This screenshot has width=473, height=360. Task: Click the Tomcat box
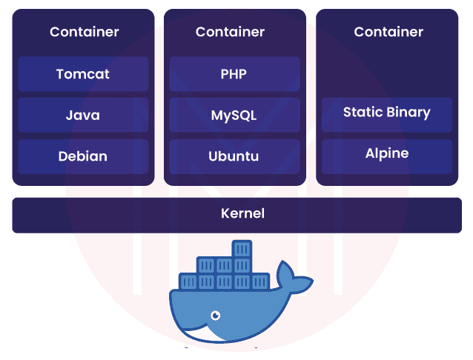(x=83, y=74)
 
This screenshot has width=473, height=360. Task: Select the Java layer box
(x=83, y=116)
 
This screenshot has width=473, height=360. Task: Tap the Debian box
(x=83, y=156)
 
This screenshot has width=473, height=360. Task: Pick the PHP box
(x=234, y=74)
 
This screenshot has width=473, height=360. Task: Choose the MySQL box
(x=234, y=116)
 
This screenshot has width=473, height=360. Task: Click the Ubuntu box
(x=234, y=156)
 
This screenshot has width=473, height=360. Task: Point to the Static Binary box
(x=386, y=113)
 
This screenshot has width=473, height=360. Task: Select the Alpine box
(x=386, y=154)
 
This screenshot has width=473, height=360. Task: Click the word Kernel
(x=242, y=214)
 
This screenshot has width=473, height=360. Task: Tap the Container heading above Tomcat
(x=84, y=32)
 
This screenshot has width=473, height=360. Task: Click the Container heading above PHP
(x=230, y=32)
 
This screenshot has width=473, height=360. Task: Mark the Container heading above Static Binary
(x=388, y=32)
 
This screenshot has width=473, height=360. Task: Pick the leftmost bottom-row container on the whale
(x=189, y=281)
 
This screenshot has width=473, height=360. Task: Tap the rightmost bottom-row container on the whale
(x=259, y=281)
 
